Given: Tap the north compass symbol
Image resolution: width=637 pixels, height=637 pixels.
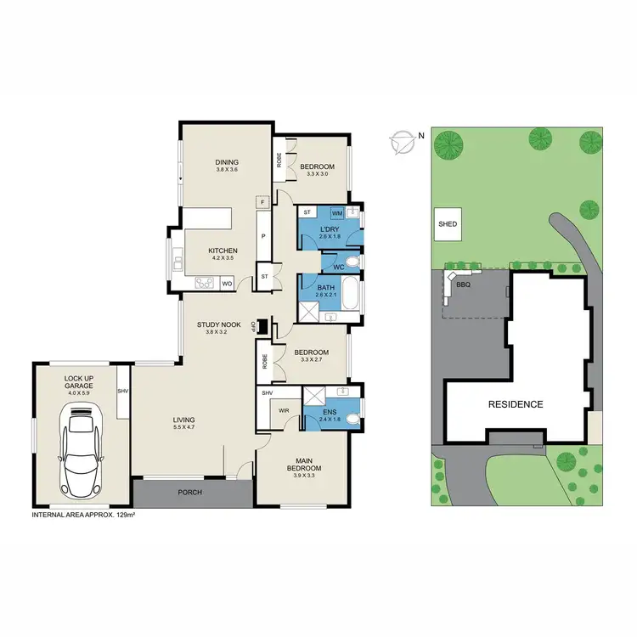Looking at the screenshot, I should [x=402, y=142].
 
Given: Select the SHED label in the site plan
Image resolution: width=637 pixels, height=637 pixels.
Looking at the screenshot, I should [x=448, y=224].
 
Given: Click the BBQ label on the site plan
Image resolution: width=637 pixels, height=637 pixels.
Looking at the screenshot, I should [x=463, y=285].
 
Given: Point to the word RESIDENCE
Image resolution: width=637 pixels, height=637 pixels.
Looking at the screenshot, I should [x=515, y=404].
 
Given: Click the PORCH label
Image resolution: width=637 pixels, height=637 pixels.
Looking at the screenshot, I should [x=190, y=493].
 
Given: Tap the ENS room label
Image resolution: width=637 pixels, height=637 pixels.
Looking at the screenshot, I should [x=329, y=411].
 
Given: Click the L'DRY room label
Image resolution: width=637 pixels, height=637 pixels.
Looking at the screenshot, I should [x=330, y=229].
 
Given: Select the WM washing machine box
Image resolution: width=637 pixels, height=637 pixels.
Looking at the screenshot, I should [x=336, y=211].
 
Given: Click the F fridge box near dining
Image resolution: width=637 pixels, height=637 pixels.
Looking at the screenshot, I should [x=263, y=202].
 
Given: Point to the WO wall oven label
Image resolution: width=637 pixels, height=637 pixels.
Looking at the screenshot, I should [x=227, y=283].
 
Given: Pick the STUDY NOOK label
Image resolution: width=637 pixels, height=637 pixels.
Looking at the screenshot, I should [x=219, y=324].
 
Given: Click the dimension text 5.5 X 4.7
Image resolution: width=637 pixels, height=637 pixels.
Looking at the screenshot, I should [x=184, y=428].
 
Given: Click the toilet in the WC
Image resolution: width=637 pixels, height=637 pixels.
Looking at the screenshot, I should [x=353, y=264].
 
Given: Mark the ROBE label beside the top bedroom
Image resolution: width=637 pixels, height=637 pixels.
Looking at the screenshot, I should [x=278, y=159].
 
